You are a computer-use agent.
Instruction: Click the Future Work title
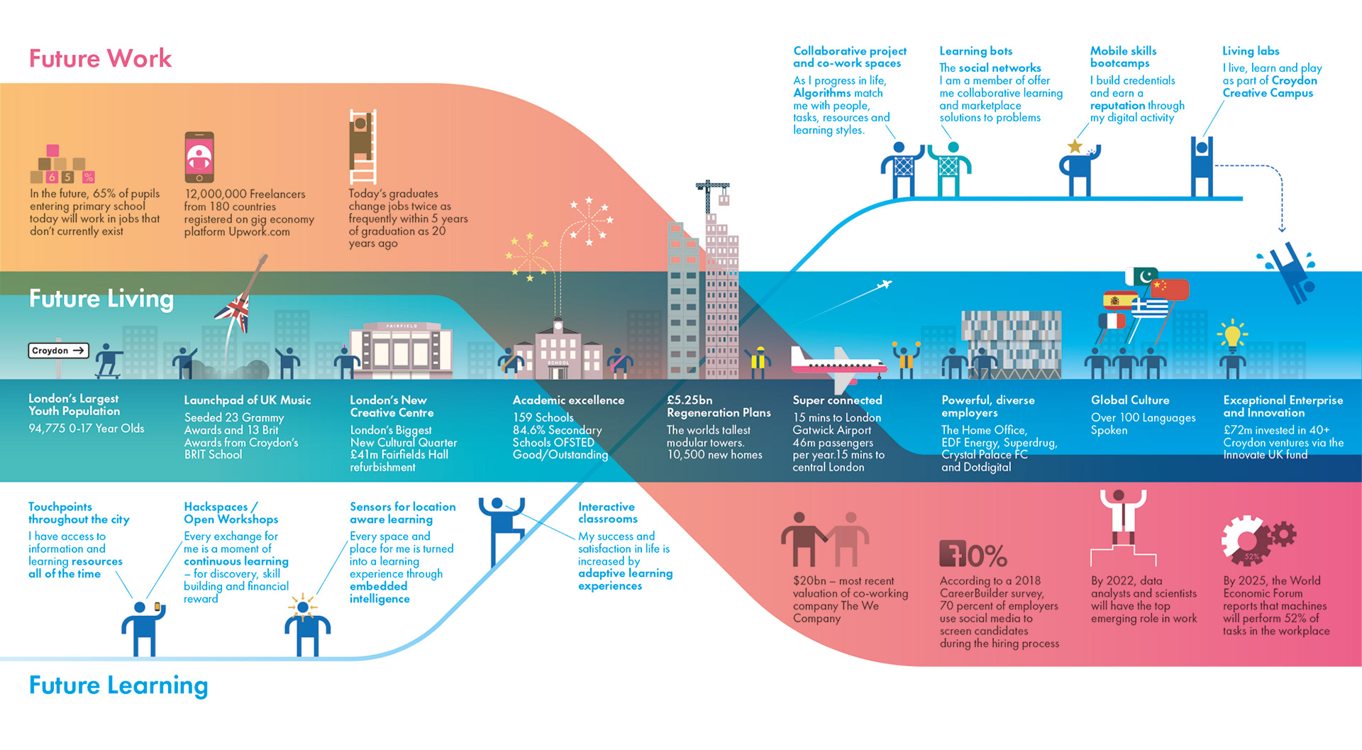pyautogui.click(x=100, y=58)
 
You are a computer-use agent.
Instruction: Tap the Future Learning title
pyautogui.click(x=118, y=685)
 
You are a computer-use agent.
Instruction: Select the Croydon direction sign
pyautogui.click(x=58, y=351)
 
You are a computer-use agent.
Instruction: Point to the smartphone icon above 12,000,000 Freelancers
pyautogui.click(x=199, y=157)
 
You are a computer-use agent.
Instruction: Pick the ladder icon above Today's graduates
pyautogui.click(x=362, y=146)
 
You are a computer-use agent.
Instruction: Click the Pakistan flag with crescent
pyautogui.click(x=1142, y=276)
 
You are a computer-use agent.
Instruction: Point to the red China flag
pyautogui.click(x=1170, y=289)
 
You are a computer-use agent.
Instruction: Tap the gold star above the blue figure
pyautogui.click(x=1075, y=146)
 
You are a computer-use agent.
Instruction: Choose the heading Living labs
pyautogui.click(x=1251, y=51)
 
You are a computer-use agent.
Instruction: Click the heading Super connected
pyautogui.click(x=837, y=400)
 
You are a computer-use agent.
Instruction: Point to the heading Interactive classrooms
pyautogui.click(x=607, y=512)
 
